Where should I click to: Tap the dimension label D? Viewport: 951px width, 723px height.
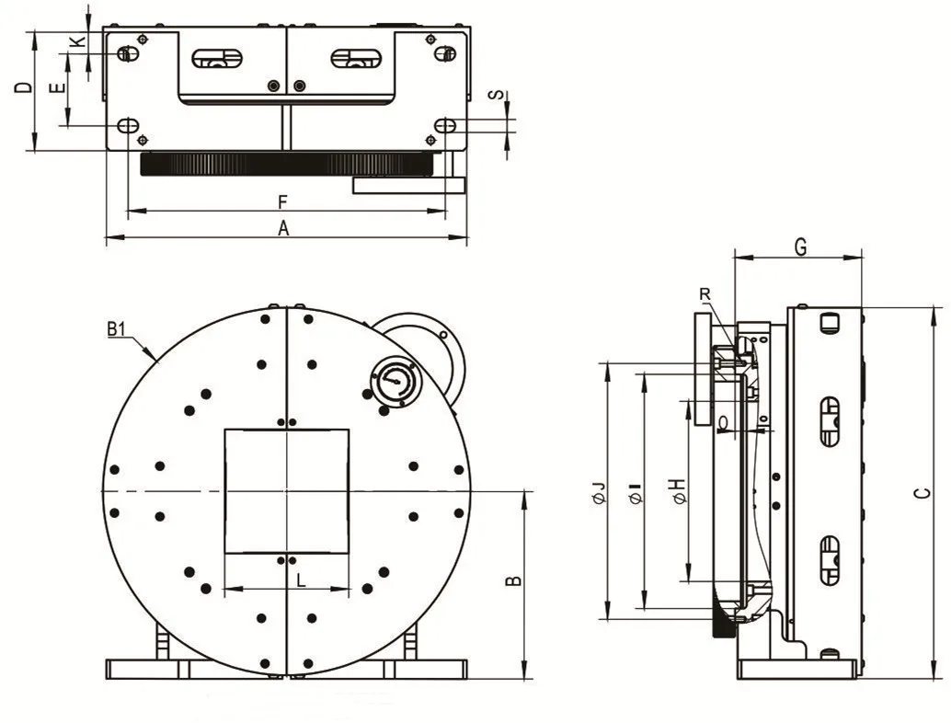pyautogui.click(x=24, y=88)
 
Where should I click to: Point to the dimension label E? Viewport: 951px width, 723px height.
pyautogui.click(x=56, y=89)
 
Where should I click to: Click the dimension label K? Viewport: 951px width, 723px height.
pyautogui.click(x=78, y=41)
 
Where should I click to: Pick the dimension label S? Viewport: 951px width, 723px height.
pyautogui.click(x=496, y=96)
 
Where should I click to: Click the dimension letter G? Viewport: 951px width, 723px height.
pyautogui.click(x=800, y=247)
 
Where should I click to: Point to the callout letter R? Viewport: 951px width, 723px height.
pyautogui.click(x=705, y=294)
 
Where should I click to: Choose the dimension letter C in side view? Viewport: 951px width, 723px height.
pyautogui.click(x=922, y=493)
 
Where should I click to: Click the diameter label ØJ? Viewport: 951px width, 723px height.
pyautogui.click(x=598, y=492)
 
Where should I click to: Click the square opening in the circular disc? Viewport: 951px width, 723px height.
pyautogui.click(x=287, y=490)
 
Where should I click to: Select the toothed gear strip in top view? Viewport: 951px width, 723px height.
pyautogui.click(x=285, y=165)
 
